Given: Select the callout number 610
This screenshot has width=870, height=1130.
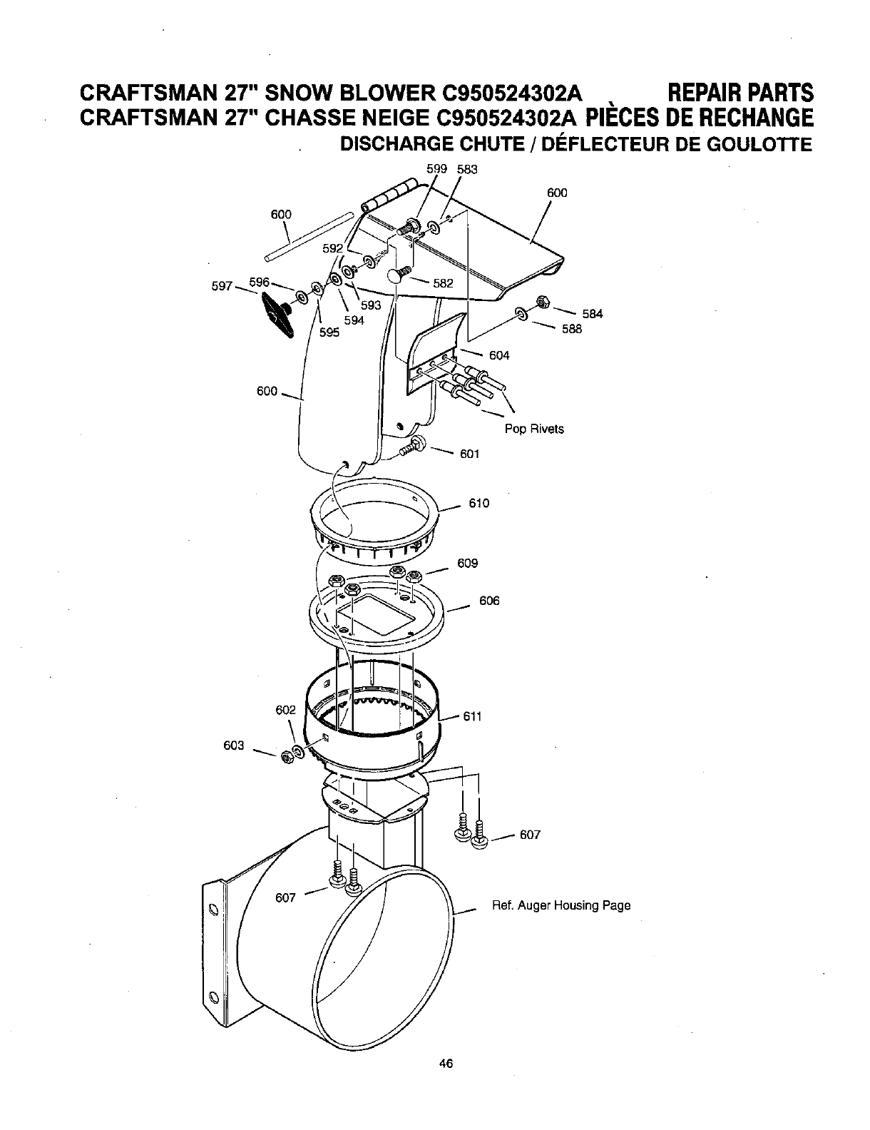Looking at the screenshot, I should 479,504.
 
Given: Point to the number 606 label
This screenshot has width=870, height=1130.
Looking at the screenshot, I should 489,601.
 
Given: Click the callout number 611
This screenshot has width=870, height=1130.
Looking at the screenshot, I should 473,716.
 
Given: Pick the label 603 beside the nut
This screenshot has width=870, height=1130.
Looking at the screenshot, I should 234,745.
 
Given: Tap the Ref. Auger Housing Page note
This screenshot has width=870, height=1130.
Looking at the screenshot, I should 561,905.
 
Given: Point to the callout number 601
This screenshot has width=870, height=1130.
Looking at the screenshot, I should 469,454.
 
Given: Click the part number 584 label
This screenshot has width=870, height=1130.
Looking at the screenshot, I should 593,314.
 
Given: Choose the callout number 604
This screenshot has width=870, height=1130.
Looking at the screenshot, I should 499,355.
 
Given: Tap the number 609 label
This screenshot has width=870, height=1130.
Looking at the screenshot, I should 467,564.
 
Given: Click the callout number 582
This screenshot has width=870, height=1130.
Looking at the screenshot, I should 443,283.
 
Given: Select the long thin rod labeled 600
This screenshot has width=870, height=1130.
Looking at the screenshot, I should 308,235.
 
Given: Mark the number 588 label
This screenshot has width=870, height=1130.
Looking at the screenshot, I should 571,329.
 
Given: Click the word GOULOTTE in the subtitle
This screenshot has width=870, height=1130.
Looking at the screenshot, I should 762,146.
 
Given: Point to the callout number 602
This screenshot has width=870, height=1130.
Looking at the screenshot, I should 285,710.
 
